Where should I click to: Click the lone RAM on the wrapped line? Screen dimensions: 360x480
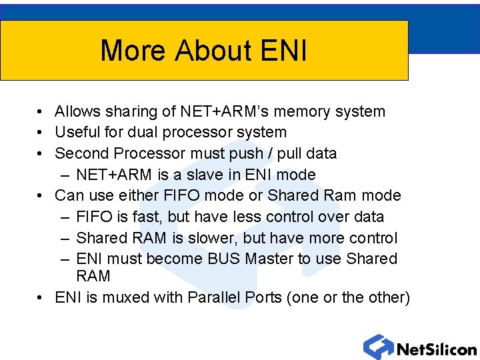point(93,276)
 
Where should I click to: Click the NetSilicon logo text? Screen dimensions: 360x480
point(437,349)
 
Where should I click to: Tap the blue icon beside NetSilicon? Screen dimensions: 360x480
point(378,347)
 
